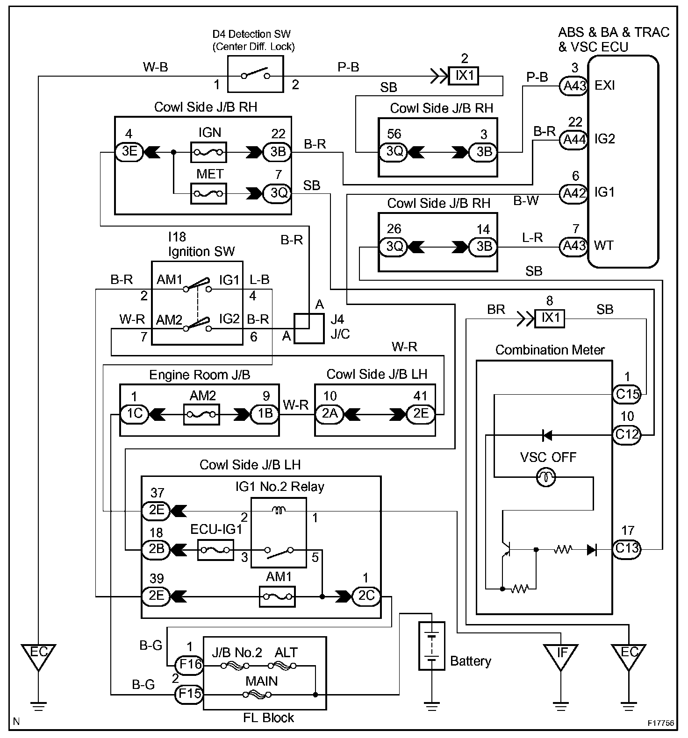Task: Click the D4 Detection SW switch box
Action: point(255,74)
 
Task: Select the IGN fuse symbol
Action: point(208,152)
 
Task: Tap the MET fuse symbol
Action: point(208,193)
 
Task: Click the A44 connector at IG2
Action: point(574,139)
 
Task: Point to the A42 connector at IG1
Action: point(574,193)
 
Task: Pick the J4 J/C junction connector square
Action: point(308,328)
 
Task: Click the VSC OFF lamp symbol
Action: point(545,477)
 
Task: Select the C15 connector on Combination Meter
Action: point(626,394)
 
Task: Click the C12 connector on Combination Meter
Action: point(626,435)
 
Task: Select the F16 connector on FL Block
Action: point(189,664)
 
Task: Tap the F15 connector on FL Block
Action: point(189,694)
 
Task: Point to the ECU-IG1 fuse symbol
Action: point(215,550)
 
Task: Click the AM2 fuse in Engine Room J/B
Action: point(201,414)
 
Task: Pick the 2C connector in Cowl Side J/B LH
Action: point(366,596)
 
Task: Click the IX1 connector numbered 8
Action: point(550,318)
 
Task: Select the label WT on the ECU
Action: point(603,245)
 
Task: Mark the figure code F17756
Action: point(661,723)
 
